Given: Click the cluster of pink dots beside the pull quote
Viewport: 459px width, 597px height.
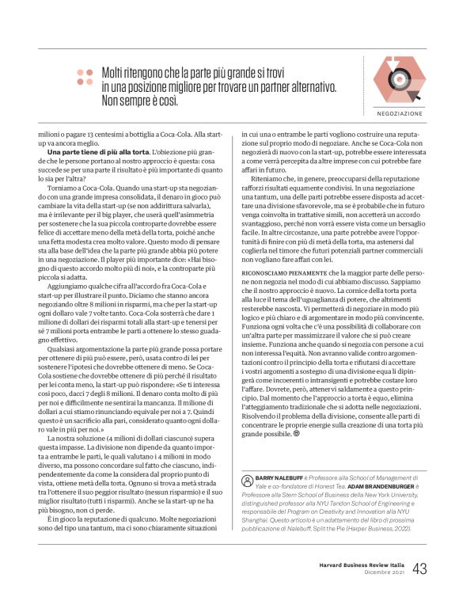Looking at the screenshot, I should coord(85,76).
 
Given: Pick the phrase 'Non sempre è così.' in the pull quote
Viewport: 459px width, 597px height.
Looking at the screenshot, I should coord(140,101).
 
